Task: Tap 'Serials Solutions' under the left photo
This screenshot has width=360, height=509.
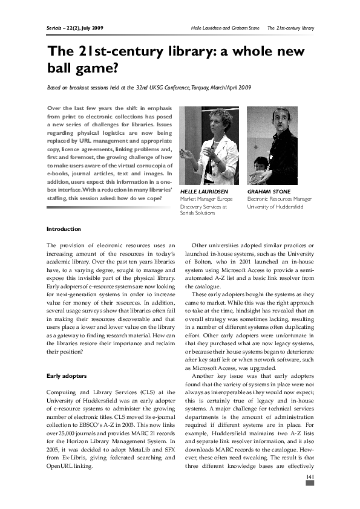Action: [200, 213]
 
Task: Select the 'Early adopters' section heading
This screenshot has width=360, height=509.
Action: [66, 375]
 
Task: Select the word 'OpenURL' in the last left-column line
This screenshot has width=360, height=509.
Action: [61, 467]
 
